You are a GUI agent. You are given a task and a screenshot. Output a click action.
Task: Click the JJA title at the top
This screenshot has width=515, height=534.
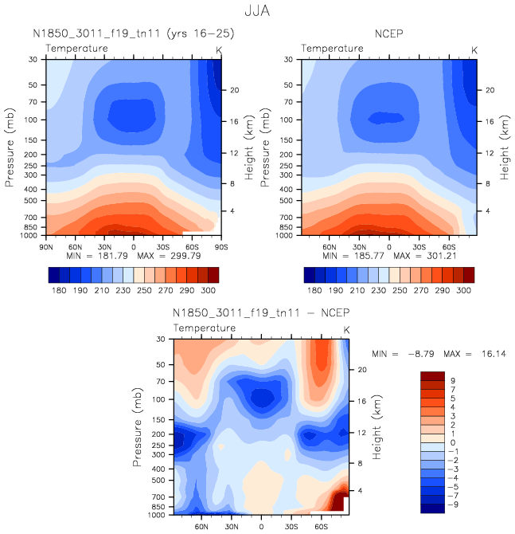[x=258, y=12]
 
